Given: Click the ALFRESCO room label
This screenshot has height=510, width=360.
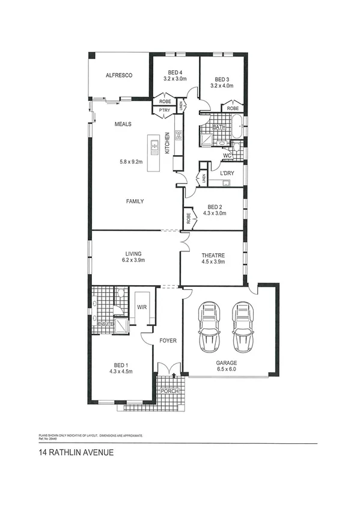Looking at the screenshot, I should point(118,75).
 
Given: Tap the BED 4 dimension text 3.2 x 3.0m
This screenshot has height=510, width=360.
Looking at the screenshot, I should point(175,79).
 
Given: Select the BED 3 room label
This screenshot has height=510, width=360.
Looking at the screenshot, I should point(222,79).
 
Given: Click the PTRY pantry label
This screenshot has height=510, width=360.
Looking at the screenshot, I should point(164,110).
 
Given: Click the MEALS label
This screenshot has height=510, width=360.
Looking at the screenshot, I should point(123,124).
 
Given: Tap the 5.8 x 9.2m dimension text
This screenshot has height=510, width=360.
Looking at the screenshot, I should point(130,161).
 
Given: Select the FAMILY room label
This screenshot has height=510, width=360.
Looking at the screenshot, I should point(134,201).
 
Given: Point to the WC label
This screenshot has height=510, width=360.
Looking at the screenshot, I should point(227,156).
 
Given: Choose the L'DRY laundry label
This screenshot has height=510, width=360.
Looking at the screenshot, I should point(227,173).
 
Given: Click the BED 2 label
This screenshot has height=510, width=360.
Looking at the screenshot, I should point(215,206).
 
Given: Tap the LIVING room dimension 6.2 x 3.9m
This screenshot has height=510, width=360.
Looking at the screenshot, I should point(133,260).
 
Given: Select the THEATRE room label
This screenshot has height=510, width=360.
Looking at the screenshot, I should point(212,255).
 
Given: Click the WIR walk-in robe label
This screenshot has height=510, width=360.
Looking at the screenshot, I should point(142,307).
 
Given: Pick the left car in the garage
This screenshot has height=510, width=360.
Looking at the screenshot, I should point(210,328).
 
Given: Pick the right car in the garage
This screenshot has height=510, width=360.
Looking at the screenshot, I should point(243,328).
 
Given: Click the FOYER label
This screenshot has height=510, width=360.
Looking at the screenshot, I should point(168,340).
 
